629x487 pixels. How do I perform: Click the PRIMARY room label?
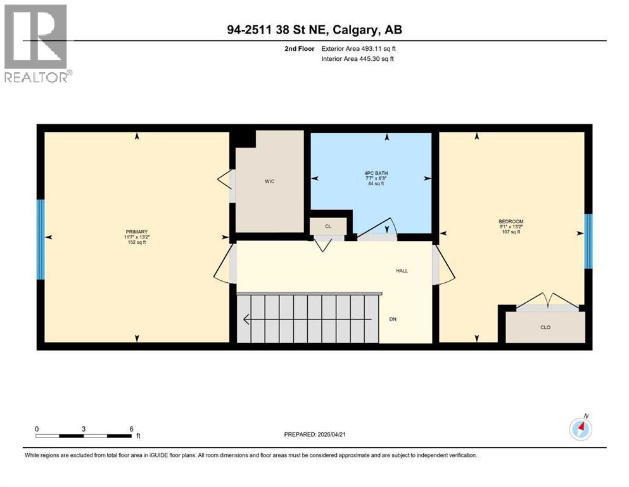click(137, 232)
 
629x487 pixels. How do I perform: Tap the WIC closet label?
click(269, 181)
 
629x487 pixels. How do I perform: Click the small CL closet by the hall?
click(328, 226)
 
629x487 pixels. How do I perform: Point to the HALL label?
click(402, 271)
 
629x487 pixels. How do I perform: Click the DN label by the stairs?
click(393, 319)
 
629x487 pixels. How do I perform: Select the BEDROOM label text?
click(511, 222)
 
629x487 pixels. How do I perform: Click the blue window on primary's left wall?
click(41, 239)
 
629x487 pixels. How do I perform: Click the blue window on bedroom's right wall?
click(588, 241)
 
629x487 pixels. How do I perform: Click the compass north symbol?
click(580, 429)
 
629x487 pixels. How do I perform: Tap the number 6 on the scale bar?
click(131, 428)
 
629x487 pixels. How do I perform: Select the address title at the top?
click(314, 30)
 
